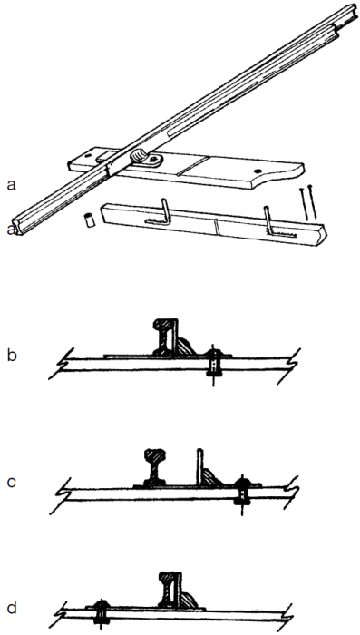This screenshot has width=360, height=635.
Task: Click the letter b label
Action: click(11, 355)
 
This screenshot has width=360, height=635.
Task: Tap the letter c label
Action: click(11, 481)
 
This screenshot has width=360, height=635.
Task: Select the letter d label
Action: click(11, 606)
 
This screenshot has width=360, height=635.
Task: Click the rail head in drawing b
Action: click(167, 324)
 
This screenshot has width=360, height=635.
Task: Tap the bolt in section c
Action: click(242, 492)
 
